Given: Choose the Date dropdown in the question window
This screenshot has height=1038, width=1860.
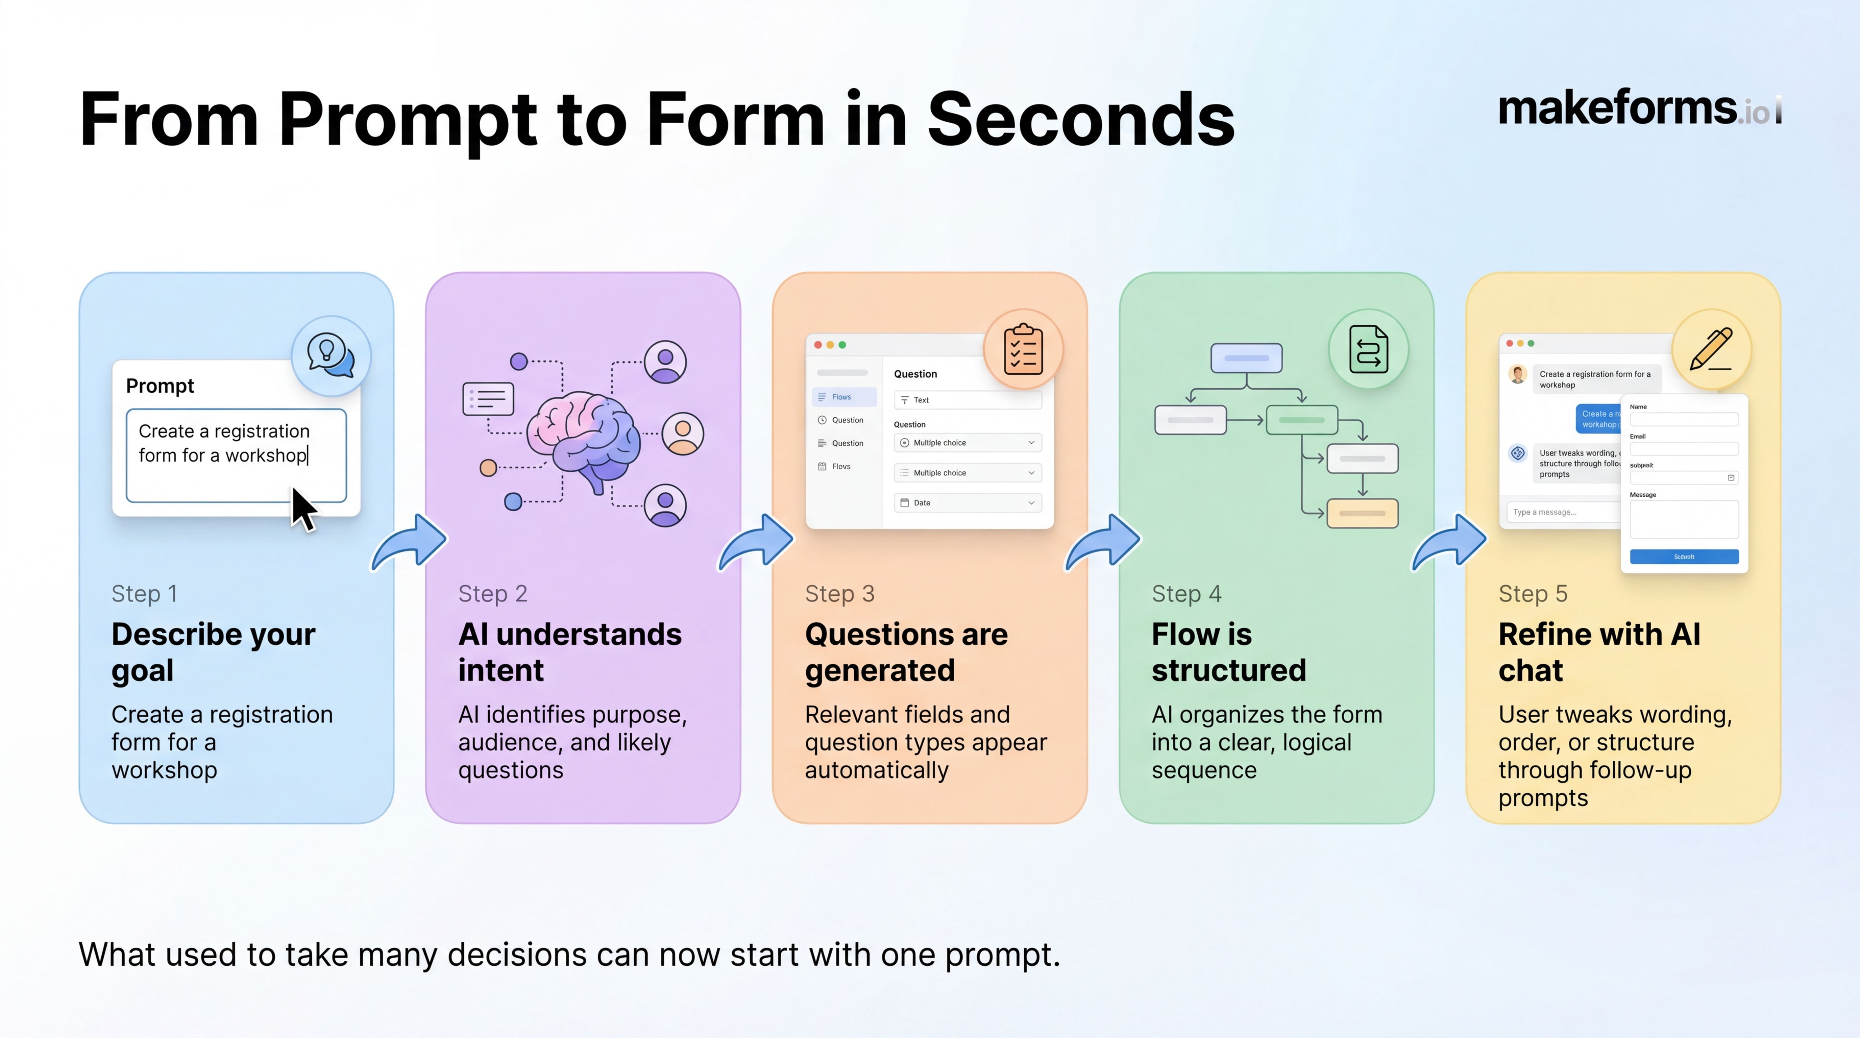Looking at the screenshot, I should point(968,502).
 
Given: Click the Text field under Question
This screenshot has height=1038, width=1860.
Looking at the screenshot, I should point(968,400).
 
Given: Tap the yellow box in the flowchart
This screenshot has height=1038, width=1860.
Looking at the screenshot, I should point(1362,513).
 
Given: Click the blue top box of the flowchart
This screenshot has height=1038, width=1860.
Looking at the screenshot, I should point(1246,358).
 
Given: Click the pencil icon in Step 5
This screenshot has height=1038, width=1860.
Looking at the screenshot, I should point(1711,349).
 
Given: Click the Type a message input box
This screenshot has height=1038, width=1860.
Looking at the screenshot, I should point(1560,512).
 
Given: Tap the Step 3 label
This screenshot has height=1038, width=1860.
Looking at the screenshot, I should point(839,593).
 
